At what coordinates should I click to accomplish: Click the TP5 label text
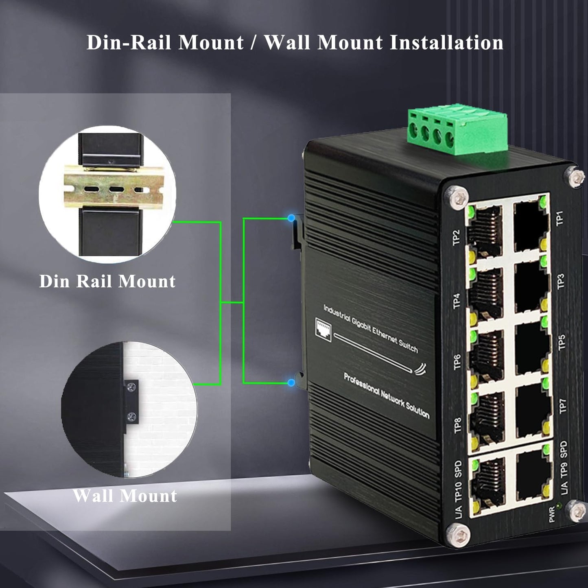pos(562,342)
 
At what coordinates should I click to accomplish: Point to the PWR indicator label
pos(552,514)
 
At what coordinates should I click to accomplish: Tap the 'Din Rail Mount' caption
pos(107,281)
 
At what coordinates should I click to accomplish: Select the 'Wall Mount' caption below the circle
pos(125,496)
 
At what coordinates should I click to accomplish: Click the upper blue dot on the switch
pos(291,218)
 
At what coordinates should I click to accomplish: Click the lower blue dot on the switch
pos(291,383)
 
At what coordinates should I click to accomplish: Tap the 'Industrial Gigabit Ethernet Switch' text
pos(370,328)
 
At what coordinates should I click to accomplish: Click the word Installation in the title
pos(446,43)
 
